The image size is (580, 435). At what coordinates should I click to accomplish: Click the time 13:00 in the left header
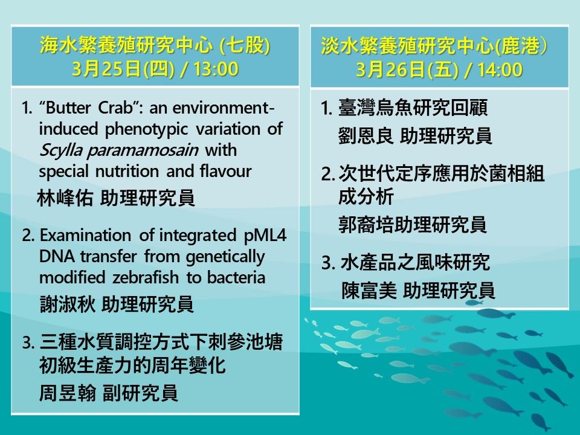point(216,69)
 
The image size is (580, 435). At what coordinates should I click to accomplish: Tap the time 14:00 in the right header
point(500,69)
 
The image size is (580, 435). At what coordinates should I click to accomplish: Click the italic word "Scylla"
point(61,150)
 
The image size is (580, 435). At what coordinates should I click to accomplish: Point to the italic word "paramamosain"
point(143,150)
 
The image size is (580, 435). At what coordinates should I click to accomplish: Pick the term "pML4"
point(265,235)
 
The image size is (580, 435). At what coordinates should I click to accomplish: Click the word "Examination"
point(85,235)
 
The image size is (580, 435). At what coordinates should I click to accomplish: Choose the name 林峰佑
point(65,198)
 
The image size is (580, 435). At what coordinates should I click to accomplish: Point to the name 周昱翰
point(68,393)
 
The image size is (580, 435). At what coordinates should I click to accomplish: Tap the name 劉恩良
point(366,136)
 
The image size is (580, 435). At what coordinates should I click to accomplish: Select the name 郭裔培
point(366,225)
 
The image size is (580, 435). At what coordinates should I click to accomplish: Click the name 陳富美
point(369,291)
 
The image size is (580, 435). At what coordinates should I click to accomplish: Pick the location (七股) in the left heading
point(245,45)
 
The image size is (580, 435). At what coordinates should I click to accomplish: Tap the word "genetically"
point(225,257)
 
